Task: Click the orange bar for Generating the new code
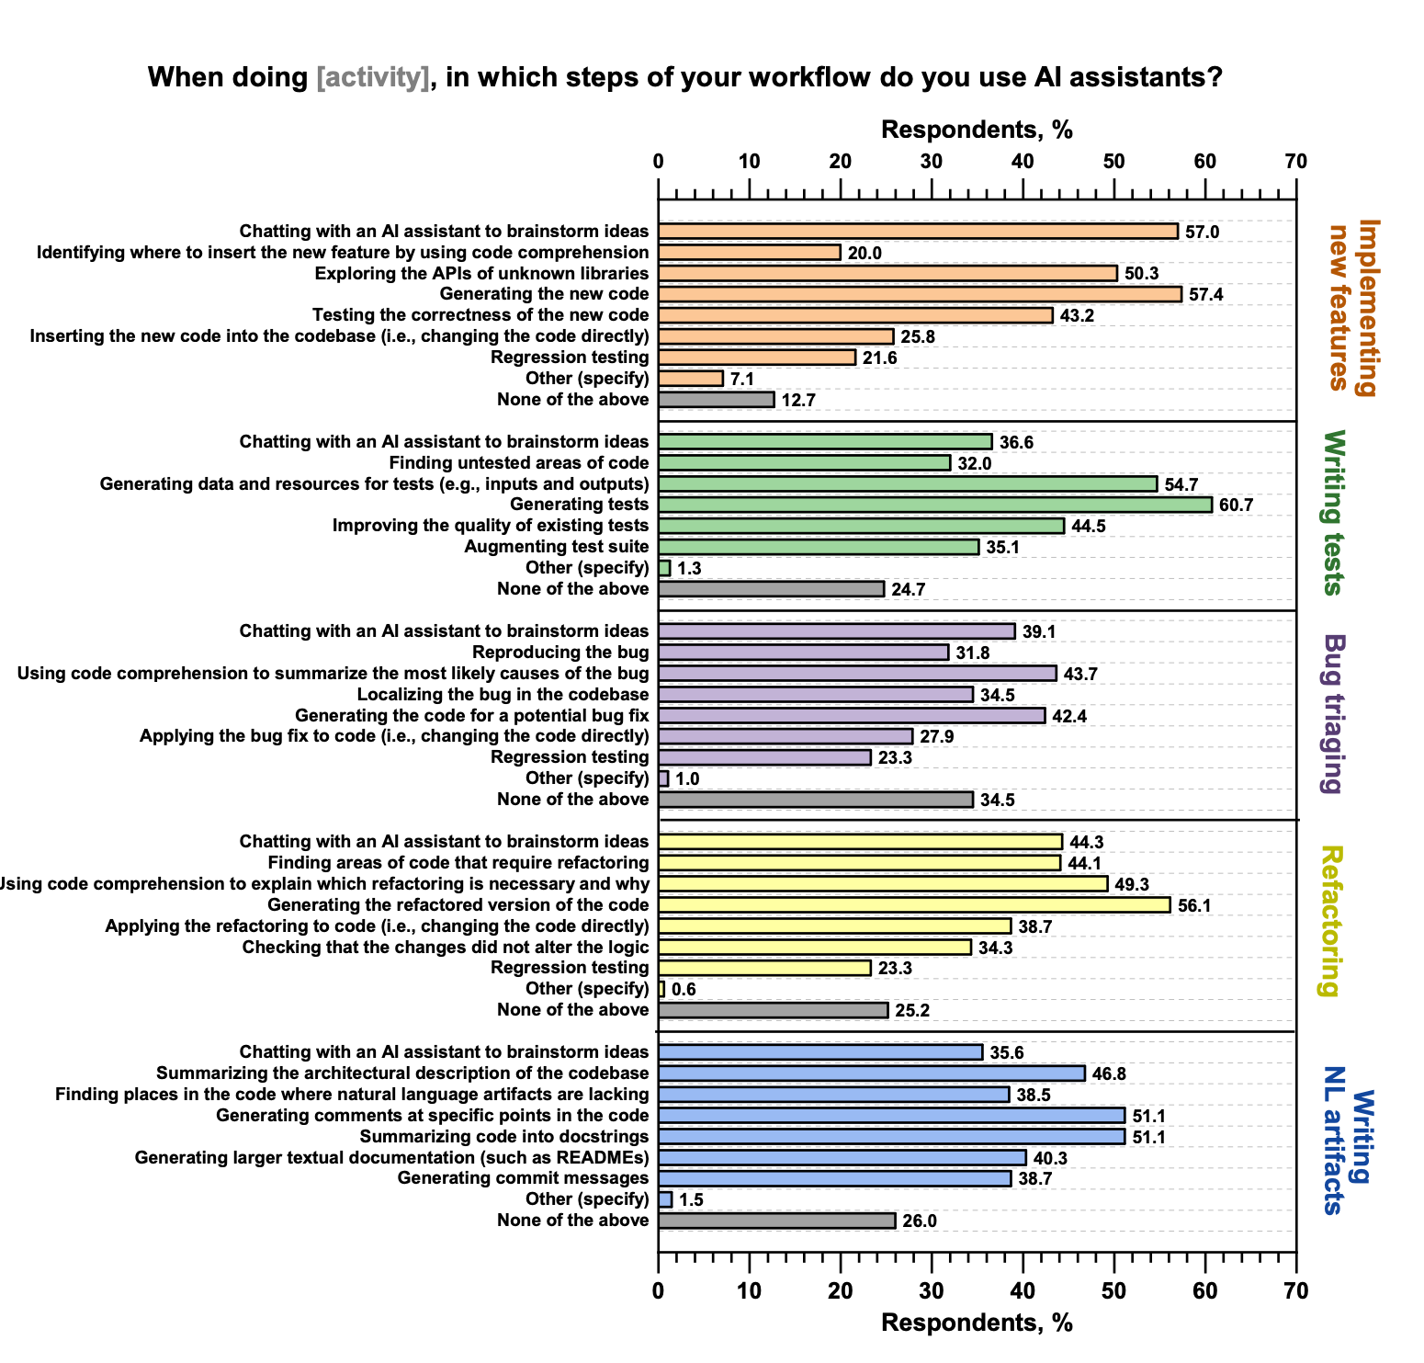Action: pyautogui.click(x=920, y=294)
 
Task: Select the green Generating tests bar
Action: pyautogui.click(x=934, y=505)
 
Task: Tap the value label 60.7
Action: pyautogui.click(x=1236, y=505)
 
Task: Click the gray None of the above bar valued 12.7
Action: pyautogui.click(x=716, y=400)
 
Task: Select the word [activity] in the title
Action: pyautogui.click(x=372, y=77)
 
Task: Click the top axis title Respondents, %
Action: pyautogui.click(x=977, y=130)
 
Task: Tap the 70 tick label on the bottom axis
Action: pyautogui.click(x=1295, y=1290)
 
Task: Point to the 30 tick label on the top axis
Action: pyautogui.click(x=932, y=162)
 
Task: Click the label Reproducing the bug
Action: pyautogui.click(x=560, y=653)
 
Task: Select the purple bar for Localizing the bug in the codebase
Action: pyautogui.click(x=815, y=695)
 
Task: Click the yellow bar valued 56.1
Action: pyautogui.click(x=914, y=905)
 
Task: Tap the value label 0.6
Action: pyautogui.click(x=684, y=990)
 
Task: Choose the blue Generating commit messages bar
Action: pyautogui.click(x=834, y=1178)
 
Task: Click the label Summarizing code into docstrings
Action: pyautogui.click(x=504, y=1137)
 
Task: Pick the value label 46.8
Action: pyautogui.click(x=1109, y=1073)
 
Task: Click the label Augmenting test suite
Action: pyautogui.click(x=556, y=547)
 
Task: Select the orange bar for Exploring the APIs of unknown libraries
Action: pyautogui.click(x=887, y=273)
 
